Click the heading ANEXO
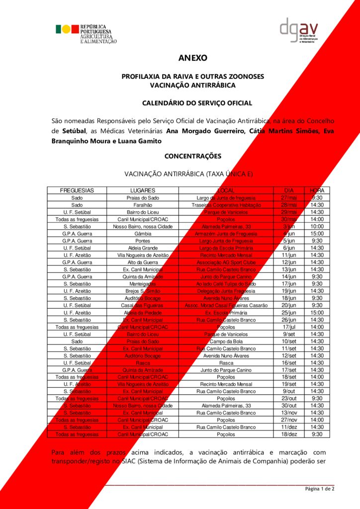192,58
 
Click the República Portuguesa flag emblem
67,29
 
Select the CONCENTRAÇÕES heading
192,156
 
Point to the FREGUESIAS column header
77,190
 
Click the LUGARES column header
143,190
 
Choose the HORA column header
317,190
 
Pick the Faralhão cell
143,205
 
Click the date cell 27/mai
289,198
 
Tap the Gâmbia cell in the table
143,234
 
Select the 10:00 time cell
317,227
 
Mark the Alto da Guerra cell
143,262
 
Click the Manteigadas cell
143,284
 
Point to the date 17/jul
289,327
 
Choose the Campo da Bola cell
227,341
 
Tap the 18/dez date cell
289,434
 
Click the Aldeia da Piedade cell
143,313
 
